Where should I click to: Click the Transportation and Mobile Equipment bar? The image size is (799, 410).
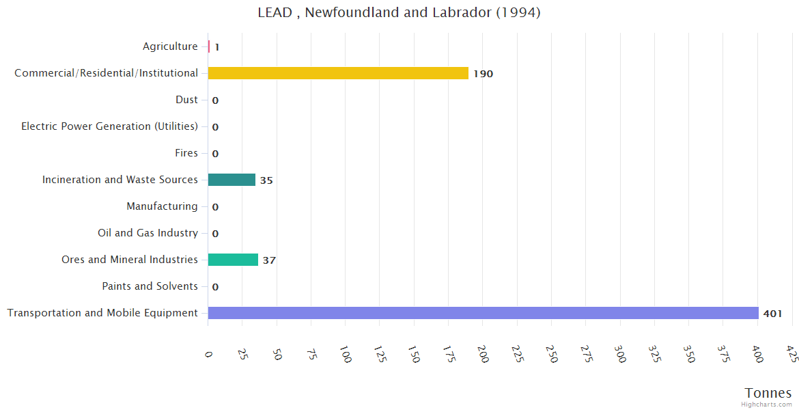(x=483, y=313)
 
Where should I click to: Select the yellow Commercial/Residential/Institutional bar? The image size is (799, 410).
(x=338, y=73)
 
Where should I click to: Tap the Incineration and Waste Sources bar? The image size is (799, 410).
(x=232, y=180)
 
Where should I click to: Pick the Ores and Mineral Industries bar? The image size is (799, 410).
(x=233, y=260)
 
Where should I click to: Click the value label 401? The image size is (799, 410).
(x=772, y=314)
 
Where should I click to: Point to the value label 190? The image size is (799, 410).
(x=483, y=74)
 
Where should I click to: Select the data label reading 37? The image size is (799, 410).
(x=269, y=260)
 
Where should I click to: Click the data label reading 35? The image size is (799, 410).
(x=266, y=180)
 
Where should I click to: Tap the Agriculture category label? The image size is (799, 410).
(x=170, y=46)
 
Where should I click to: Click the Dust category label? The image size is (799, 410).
(x=186, y=100)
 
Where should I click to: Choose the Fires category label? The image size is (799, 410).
(x=186, y=153)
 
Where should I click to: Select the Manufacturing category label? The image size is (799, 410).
(x=162, y=206)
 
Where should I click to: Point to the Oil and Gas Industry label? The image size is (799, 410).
(x=148, y=233)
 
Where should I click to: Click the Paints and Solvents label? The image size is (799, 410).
(x=150, y=286)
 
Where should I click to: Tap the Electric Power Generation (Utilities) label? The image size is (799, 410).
(x=109, y=126)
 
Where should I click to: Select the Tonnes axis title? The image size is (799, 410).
(x=768, y=393)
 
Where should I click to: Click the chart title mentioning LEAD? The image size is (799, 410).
(x=399, y=12)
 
